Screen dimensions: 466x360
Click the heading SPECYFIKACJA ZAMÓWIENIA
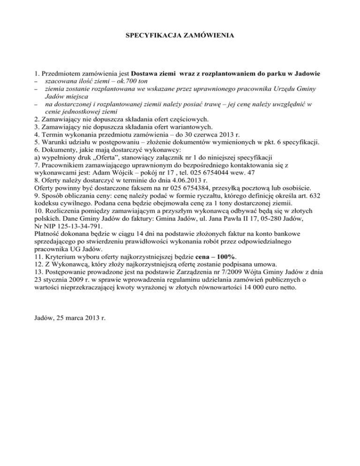[x=180, y=35]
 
